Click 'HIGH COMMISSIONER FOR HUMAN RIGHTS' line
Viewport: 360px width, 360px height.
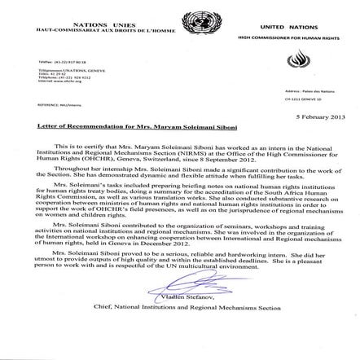coord(290,37)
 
